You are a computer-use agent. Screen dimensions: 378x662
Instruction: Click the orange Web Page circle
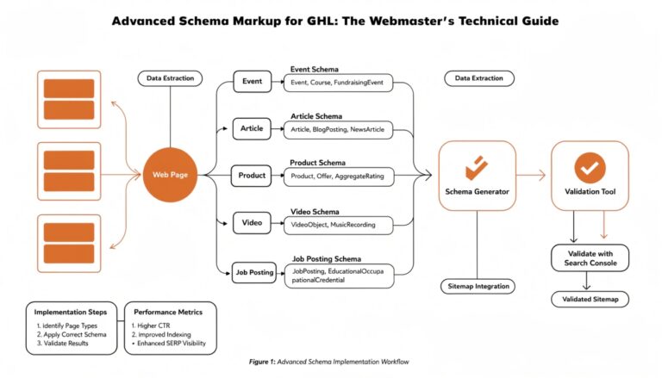[x=170, y=175]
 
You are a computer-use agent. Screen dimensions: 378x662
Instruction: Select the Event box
[x=252, y=82]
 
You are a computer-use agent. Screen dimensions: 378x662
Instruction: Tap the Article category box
[x=252, y=129]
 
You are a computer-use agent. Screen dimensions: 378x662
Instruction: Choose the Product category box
[x=252, y=176]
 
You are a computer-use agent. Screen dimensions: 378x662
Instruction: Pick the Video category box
[x=252, y=223]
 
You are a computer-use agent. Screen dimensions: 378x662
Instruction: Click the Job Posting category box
[x=254, y=272]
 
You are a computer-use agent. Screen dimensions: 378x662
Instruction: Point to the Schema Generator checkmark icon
[x=476, y=166]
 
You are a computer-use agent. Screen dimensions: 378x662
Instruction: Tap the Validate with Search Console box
[x=590, y=257]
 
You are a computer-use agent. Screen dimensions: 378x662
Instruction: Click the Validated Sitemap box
[x=590, y=300]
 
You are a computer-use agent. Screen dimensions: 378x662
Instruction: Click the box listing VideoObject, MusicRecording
[x=338, y=224]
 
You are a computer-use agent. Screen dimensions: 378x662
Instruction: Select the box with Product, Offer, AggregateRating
[x=338, y=177]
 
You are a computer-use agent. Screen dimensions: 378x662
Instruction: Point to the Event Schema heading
[x=315, y=68]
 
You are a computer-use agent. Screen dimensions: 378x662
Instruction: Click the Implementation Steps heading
[x=71, y=311]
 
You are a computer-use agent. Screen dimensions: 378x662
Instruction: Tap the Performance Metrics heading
[x=170, y=311]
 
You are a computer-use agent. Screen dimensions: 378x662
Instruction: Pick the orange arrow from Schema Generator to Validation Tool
[x=532, y=176]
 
